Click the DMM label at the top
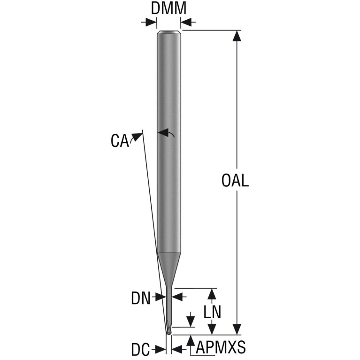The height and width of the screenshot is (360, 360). (x=169, y=8)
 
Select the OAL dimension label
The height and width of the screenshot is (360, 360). (x=235, y=180)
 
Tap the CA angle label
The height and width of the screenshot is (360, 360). (x=120, y=141)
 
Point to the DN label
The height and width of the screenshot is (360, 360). (x=140, y=298)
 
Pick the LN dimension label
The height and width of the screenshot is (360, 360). (x=212, y=312)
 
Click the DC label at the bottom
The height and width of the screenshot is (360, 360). (x=140, y=350)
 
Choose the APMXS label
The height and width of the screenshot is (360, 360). (x=221, y=347)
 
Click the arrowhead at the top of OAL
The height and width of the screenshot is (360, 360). (x=237, y=36)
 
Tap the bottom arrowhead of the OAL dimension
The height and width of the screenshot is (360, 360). (x=237, y=329)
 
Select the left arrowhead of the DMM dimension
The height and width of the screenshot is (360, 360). (x=152, y=22)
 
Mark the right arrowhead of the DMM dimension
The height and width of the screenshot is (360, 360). (x=186, y=22)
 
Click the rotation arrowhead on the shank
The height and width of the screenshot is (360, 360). (x=162, y=132)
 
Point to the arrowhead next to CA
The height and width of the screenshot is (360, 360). (x=137, y=137)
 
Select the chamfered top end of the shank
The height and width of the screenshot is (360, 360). (x=169, y=32)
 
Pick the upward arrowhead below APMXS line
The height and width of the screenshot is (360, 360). (x=191, y=341)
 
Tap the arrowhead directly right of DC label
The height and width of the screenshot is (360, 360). (x=160, y=350)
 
